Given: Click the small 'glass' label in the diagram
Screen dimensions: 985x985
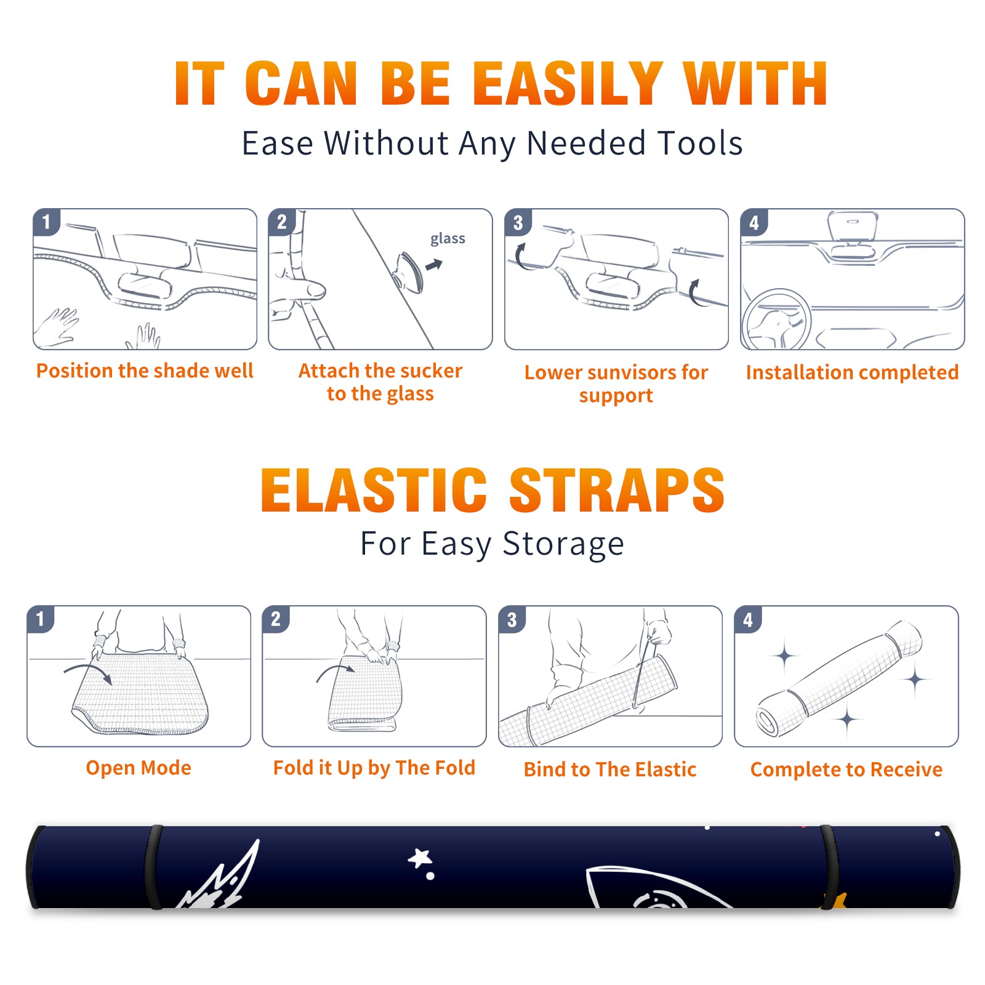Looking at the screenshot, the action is pos(448,239).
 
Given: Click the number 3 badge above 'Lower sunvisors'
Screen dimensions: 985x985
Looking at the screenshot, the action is pos(518,222).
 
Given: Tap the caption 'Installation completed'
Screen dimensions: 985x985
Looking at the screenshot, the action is pos(852,372).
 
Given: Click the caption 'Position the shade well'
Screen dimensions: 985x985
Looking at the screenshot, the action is pos(145,371).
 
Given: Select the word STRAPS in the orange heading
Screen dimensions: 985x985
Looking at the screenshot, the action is pos(617,490).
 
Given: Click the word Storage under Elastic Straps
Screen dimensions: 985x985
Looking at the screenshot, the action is pos(563,544).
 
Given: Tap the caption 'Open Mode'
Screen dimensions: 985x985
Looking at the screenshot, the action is pos(139,768).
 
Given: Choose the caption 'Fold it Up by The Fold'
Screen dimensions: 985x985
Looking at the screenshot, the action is pos(374,768).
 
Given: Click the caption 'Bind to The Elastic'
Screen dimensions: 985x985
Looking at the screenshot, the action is pos(610,769).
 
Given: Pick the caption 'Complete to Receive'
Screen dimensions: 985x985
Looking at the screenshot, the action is pos(846,769).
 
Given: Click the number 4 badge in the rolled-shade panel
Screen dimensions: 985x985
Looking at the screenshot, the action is pos(748,619).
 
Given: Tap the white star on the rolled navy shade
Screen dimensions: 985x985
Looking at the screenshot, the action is pos(420,858).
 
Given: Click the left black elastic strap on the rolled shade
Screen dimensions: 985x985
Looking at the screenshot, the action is pos(154,867).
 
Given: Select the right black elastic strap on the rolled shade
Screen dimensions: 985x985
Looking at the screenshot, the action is pos(830,867).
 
